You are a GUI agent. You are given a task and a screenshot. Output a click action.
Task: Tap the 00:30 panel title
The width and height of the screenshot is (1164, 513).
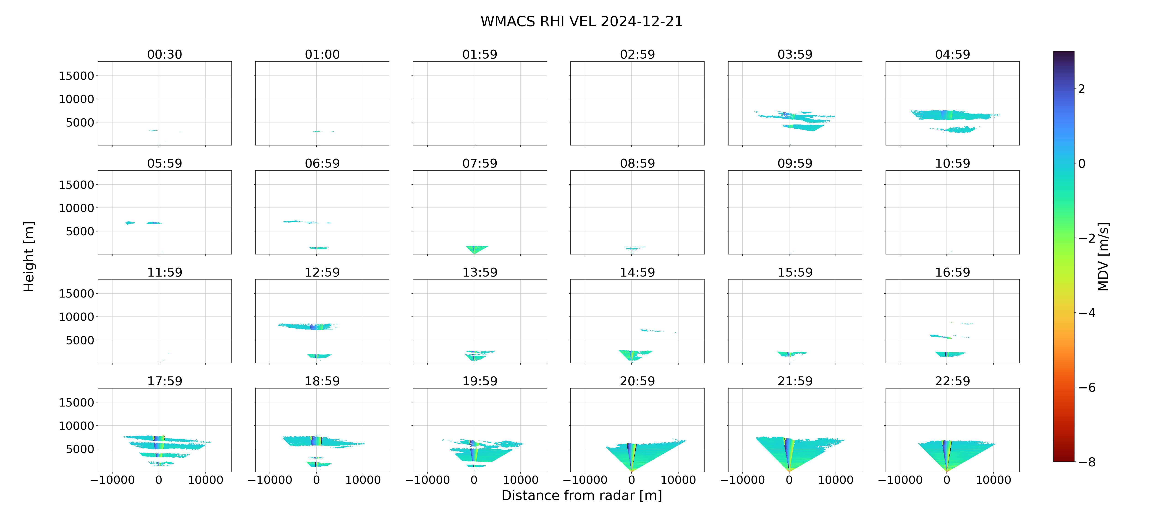point(165,55)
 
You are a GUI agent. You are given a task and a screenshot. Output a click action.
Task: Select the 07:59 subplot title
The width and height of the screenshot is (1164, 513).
point(480,163)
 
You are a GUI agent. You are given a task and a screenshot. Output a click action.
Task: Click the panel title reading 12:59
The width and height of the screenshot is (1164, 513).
point(322,272)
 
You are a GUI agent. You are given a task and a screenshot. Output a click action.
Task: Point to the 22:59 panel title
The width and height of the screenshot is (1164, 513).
point(952,381)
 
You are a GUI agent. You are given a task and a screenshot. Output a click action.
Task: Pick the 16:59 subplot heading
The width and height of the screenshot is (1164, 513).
point(952,272)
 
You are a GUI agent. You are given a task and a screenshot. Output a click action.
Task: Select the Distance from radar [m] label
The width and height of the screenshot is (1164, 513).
point(582,495)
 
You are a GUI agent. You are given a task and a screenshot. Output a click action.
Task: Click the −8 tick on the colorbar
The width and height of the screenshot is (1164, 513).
point(1087,462)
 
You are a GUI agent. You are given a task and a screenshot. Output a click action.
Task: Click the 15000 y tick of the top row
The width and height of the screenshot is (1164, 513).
point(76,76)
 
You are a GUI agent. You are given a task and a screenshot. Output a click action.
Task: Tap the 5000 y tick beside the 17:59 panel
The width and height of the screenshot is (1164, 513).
point(80,449)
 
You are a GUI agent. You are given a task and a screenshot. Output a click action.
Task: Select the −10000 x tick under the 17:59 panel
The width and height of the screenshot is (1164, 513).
point(113,480)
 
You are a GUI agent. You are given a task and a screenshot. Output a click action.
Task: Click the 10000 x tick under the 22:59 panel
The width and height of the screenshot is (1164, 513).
point(993,480)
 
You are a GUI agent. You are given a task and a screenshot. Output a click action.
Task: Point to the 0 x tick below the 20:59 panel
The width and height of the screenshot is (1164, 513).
point(632,480)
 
